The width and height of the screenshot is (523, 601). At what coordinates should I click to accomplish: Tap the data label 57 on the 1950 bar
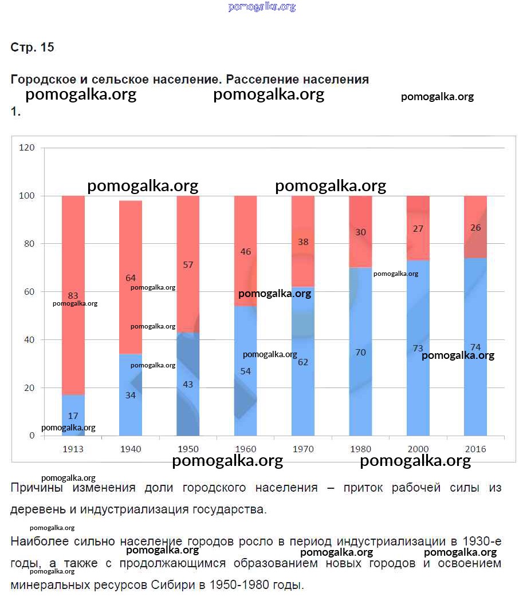click(188, 265)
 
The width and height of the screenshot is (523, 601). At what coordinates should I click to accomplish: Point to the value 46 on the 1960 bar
click(245, 251)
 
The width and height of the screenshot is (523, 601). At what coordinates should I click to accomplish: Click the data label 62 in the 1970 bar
click(303, 362)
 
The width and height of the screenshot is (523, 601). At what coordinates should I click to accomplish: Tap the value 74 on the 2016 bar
click(475, 347)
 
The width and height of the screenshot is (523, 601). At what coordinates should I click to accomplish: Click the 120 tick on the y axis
click(27, 148)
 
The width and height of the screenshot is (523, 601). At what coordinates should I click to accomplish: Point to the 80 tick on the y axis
click(29, 244)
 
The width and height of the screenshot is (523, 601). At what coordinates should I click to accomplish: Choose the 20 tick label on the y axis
click(29, 388)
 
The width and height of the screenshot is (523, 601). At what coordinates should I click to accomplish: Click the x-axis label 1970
click(303, 449)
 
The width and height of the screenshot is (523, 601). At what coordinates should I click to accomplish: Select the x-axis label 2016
click(475, 449)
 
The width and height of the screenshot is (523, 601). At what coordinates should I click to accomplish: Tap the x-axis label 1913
click(73, 449)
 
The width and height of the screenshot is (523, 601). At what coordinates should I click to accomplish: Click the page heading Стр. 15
click(33, 48)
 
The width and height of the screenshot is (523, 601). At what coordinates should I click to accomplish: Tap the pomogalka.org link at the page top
click(262, 7)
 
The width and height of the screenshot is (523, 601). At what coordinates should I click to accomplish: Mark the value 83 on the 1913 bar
click(73, 296)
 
